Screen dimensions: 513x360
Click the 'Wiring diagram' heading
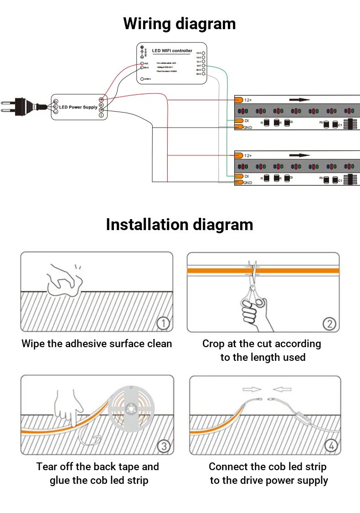[180, 24]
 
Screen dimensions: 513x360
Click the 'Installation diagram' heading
[180, 225]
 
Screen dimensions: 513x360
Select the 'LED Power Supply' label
[78, 108]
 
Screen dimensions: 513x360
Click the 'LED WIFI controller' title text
[172, 51]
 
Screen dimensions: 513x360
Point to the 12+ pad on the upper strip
[238, 100]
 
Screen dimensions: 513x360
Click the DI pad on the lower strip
[238, 176]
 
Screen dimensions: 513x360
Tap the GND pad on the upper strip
[238, 127]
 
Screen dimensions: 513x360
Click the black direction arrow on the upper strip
[299, 100]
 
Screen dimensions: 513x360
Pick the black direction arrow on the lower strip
[299, 155]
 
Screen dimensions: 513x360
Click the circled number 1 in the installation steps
[163, 323]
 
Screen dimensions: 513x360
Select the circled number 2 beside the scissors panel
[329, 324]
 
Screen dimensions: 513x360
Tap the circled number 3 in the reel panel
[164, 446]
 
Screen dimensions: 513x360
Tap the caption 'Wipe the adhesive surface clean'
[97, 344]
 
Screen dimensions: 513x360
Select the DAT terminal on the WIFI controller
[203, 66]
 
